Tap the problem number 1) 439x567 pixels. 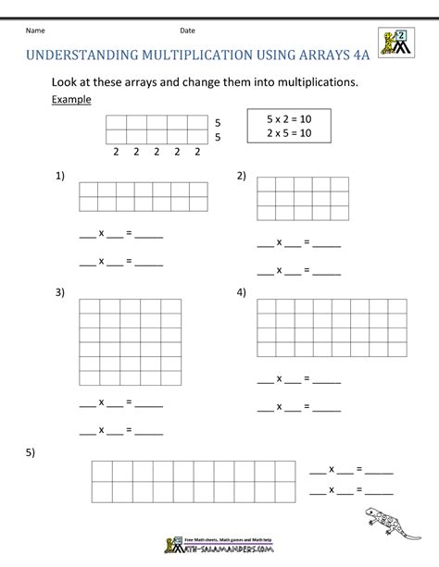pos(60,175)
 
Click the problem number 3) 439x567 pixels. pos(60,293)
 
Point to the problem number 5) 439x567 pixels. pos(31,452)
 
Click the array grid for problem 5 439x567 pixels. pos(194,481)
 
